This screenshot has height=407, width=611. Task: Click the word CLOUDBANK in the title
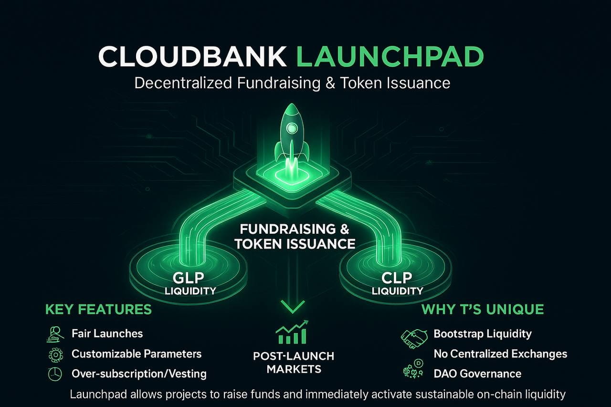click(x=192, y=57)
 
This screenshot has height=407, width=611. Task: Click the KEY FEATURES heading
click(x=98, y=309)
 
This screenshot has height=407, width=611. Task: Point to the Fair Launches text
click(x=107, y=333)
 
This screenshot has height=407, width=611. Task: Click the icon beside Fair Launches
click(x=55, y=334)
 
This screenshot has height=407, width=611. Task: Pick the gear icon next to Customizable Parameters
click(x=55, y=354)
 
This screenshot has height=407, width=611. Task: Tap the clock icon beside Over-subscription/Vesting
click(x=55, y=374)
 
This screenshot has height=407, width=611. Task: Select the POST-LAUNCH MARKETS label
click(x=294, y=362)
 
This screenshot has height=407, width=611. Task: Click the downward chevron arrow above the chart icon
click(x=293, y=307)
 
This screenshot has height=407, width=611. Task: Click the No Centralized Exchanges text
click(x=500, y=354)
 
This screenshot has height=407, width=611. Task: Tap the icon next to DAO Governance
click(x=413, y=370)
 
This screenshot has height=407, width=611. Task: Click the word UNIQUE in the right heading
click(x=515, y=309)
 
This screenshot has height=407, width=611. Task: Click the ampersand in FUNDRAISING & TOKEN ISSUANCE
click(x=240, y=244)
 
